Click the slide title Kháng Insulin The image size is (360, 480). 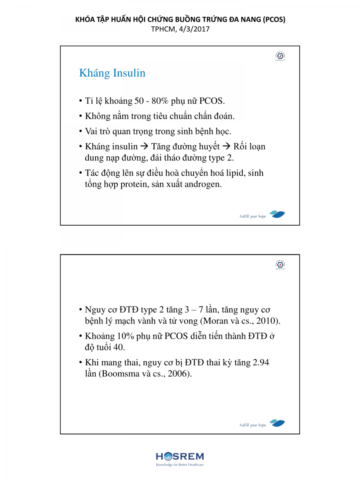(x=112, y=73)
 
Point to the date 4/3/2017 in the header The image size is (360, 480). (x=195, y=29)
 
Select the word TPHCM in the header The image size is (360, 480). (x=162, y=29)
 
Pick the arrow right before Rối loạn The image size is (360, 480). (x=227, y=146)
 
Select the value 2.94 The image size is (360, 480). (x=263, y=363)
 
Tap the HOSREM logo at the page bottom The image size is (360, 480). (x=180, y=456)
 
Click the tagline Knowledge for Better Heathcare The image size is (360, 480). (x=180, y=465)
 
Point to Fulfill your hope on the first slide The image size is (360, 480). (x=253, y=216)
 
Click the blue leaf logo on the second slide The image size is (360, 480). (x=277, y=423)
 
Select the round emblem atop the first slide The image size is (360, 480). (x=280, y=56)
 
